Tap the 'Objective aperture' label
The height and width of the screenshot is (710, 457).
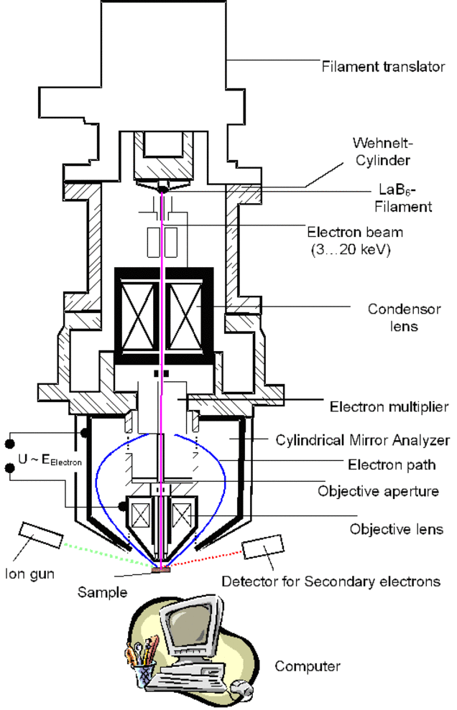pos(378,491)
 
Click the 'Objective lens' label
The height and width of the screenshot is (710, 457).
pos(396,530)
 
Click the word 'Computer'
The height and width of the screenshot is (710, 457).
pos(308,667)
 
